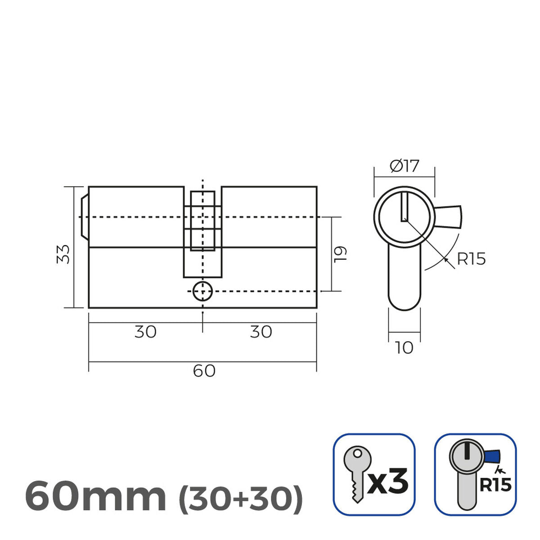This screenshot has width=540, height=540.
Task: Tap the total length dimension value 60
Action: click(x=204, y=371)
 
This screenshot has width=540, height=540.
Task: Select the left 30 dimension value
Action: click(x=145, y=332)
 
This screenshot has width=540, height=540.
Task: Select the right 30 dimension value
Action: click(x=261, y=332)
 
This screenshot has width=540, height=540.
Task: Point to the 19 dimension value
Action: click(x=341, y=254)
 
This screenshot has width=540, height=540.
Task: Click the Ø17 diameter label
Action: click(x=404, y=166)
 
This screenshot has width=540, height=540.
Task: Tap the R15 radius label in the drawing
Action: click(x=471, y=259)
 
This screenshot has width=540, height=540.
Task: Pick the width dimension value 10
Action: click(x=404, y=348)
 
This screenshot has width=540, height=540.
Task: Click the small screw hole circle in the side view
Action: click(x=202, y=292)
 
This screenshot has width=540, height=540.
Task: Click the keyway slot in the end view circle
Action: click(x=404, y=207)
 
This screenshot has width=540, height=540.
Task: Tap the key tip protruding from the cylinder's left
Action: click(x=84, y=217)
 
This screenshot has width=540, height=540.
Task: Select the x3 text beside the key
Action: click(x=388, y=481)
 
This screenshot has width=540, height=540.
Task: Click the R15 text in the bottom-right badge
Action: click(x=495, y=485)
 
